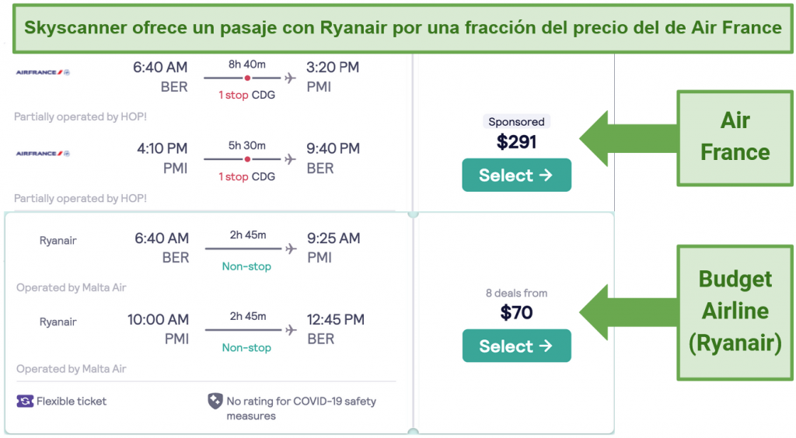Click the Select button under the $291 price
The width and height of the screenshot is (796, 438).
pos(516,175)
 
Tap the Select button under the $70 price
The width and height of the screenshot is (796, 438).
pos(516,346)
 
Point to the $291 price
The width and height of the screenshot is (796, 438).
pos(516,142)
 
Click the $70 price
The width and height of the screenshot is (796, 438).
pos(516,312)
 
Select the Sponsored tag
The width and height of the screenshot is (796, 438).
pos(516,122)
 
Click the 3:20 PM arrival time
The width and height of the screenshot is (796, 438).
pos(333,67)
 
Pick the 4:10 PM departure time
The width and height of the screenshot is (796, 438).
pos(162,148)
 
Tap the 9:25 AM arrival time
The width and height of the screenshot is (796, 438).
pos(333,238)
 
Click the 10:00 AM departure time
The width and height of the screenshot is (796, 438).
pos(158,319)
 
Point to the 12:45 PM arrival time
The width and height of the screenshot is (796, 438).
pos(336,319)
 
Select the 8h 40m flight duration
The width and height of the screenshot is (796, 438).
pos(246,64)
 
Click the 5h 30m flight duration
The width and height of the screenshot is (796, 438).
pos(246,145)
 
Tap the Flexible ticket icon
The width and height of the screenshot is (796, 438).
pos(25,401)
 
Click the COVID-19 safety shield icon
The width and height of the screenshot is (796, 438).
pos(215,401)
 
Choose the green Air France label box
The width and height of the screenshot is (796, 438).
pos(735,138)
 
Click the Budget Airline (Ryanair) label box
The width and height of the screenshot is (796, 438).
pos(735,312)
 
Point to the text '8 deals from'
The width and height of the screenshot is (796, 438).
pos(516,293)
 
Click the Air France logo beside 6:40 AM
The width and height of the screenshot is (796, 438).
pos(43,72)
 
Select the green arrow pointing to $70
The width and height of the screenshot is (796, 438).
pos(628,312)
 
